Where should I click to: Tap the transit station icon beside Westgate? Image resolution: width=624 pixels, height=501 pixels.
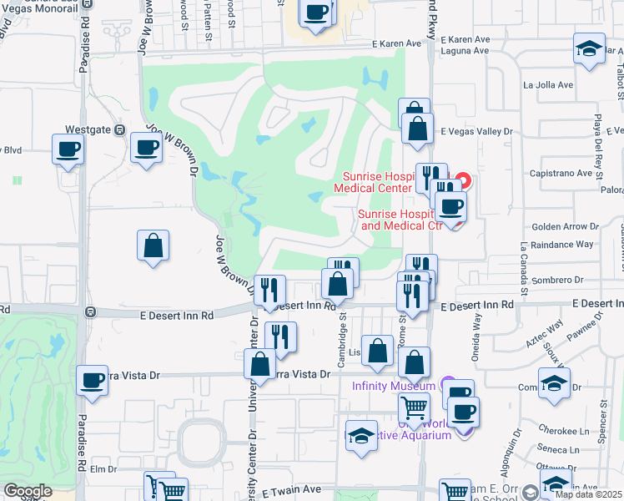click(119, 131)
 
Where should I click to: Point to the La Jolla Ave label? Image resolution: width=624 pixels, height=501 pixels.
click(548, 84)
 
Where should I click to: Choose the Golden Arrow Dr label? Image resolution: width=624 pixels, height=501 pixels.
click(566, 226)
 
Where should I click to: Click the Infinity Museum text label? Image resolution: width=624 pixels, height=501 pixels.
click(394, 385)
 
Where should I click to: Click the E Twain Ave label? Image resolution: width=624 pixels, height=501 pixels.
click(291, 490)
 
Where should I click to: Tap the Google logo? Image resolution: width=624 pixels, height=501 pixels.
click(28, 491)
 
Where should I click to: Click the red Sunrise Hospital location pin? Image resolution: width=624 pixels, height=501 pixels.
click(462, 180)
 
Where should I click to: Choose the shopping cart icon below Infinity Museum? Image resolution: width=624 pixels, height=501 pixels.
click(415, 408)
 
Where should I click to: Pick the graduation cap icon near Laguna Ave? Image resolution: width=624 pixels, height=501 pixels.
click(589, 48)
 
